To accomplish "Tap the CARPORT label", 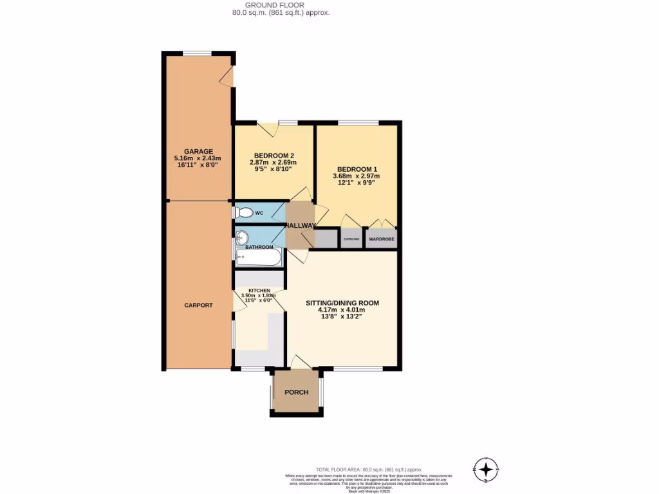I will (x=198, y=305).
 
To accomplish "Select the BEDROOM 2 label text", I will (x=274, y=156).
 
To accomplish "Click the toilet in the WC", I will (x=242, y=212).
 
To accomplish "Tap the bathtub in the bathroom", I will (x=258, y=258).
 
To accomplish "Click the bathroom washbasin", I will (x=242, y=237).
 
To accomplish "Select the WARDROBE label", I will (x=380, y=239).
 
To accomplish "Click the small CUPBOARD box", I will (x=351, y=239).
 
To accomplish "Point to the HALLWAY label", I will (x=300, y=225).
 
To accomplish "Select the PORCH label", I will (x=296, y=392).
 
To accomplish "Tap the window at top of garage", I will (x=197, y=53).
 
